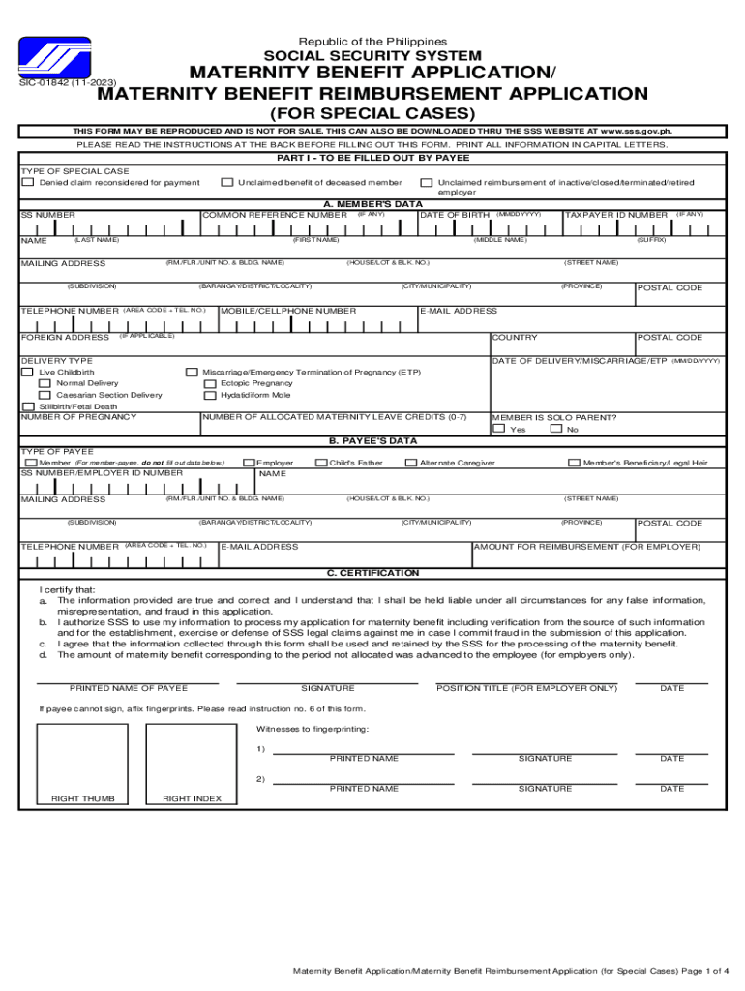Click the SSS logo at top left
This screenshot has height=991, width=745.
click(62, 61)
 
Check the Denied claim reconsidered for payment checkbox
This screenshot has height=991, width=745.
click(29, 182)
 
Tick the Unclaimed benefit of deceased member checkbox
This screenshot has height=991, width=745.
click(227, 182)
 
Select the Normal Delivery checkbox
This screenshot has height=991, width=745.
click(45, 383)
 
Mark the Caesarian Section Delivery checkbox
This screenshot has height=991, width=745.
click(45, 395)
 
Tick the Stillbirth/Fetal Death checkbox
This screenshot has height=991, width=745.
click(29, 406)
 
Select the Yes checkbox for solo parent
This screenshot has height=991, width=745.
click(498, 429)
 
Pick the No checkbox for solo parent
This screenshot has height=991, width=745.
click(555, 429)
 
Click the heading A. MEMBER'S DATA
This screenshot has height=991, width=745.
click(372, 204)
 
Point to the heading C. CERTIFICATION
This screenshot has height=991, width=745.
click(372, 573)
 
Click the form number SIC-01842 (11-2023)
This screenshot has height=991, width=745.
click(62, 83)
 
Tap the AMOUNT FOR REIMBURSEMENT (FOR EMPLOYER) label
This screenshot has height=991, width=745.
click(587, 547)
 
